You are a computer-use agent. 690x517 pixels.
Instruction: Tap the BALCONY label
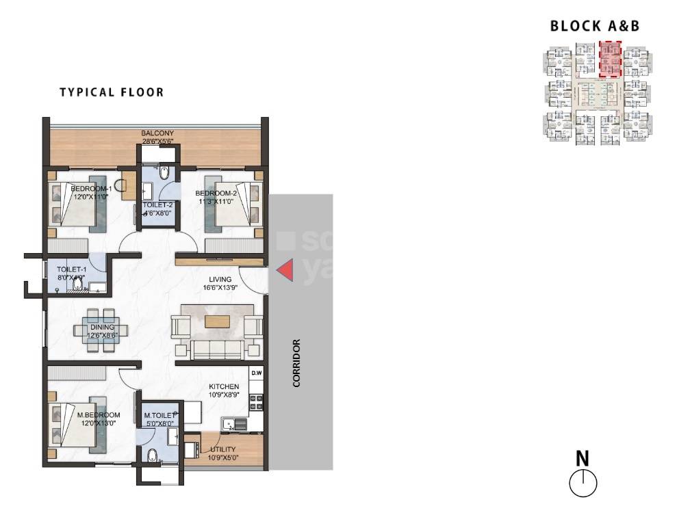click(x=157, y=133)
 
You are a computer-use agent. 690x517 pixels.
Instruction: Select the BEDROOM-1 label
click(x=91, y=189)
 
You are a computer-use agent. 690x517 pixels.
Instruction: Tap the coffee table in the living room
click(x=217, y=321)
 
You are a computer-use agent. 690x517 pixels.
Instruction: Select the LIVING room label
click(x=220, y=280)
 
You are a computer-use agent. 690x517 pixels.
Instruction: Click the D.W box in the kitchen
click(x=257, y=373)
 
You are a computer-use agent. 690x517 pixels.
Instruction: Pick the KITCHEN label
click(x=224, y=387)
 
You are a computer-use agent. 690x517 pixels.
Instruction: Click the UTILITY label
click(x=223, y=449)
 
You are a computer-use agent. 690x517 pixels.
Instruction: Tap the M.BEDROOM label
click(x=99, y=415)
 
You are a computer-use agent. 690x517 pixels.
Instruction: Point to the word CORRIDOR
click(x=297, y=362)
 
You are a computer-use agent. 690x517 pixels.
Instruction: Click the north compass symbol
click(x=583, y=483)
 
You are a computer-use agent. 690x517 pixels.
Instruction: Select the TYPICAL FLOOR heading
click(x=112, y=92)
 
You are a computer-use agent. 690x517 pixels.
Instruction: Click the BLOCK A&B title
click(x=595, y=27)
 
